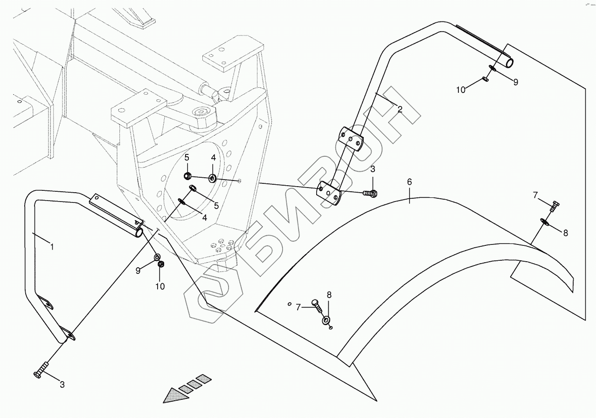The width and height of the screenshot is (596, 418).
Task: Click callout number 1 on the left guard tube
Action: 52,247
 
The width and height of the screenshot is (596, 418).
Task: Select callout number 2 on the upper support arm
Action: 400,110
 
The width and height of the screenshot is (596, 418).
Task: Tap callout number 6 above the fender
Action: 409,182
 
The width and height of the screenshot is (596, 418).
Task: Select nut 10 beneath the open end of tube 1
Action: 161,265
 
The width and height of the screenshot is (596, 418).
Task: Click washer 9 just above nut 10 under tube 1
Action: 157,257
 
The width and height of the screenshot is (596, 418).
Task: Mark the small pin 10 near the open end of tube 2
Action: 485,79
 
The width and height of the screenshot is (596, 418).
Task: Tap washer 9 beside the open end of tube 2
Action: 492,69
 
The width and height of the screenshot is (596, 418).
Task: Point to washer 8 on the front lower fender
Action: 326,320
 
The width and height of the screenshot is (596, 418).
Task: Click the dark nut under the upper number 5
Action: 187,176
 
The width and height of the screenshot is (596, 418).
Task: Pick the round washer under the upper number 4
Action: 212,178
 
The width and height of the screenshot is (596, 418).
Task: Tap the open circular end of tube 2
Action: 509,63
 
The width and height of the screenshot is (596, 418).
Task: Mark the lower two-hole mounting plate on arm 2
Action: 329,193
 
